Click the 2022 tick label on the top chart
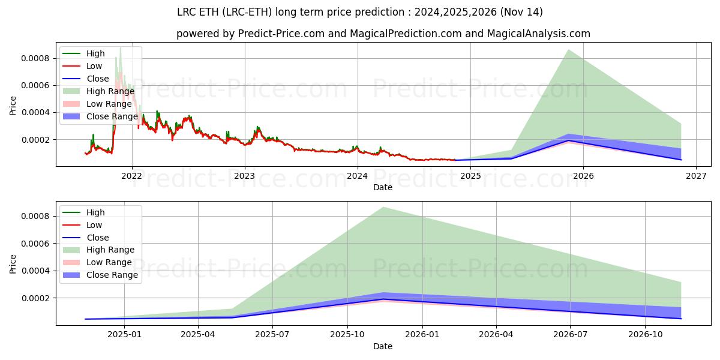[x=131, y=176]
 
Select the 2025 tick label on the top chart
[x=470, y=176]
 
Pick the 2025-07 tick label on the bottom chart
[x=272, y=334]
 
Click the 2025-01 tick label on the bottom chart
[x=124, y=334]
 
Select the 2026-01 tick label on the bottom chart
[x=422, y=334]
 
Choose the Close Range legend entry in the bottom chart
[x=112, y=275]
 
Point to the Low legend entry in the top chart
[x=94, y=66]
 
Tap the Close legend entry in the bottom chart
[x=98, y=238]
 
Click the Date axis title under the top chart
[x=383, y=187]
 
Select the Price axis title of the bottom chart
[x=13, y=263]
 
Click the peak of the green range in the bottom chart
[x=383, y=208]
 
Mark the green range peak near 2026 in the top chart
[x=568, y=50]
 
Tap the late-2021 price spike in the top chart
[x=120, y=48]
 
